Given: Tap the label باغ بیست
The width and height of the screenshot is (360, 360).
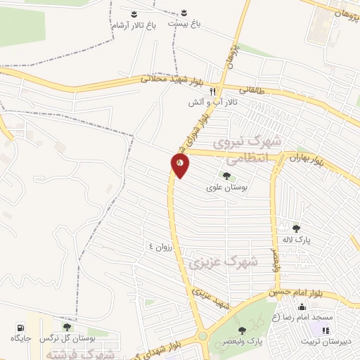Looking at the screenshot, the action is pyautogui.click(x=184, y=24).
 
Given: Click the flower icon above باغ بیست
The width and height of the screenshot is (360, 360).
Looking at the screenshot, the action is pyautogui.click(x=184, y=13).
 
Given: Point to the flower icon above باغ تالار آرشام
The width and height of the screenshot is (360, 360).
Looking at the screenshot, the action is pyautogui.click(x=134, y=13).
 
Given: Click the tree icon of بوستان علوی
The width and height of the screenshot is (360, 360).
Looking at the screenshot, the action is pyautogui.click(x=226, y=176).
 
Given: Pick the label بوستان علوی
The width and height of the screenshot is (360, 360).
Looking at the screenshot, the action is pyautogui.click(x=225, y=188).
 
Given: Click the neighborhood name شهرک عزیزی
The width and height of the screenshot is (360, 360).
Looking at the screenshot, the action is pyautogui.click(x=224, y=262).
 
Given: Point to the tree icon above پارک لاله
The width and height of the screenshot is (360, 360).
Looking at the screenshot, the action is pyautogui.click(x=296, y=229).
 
